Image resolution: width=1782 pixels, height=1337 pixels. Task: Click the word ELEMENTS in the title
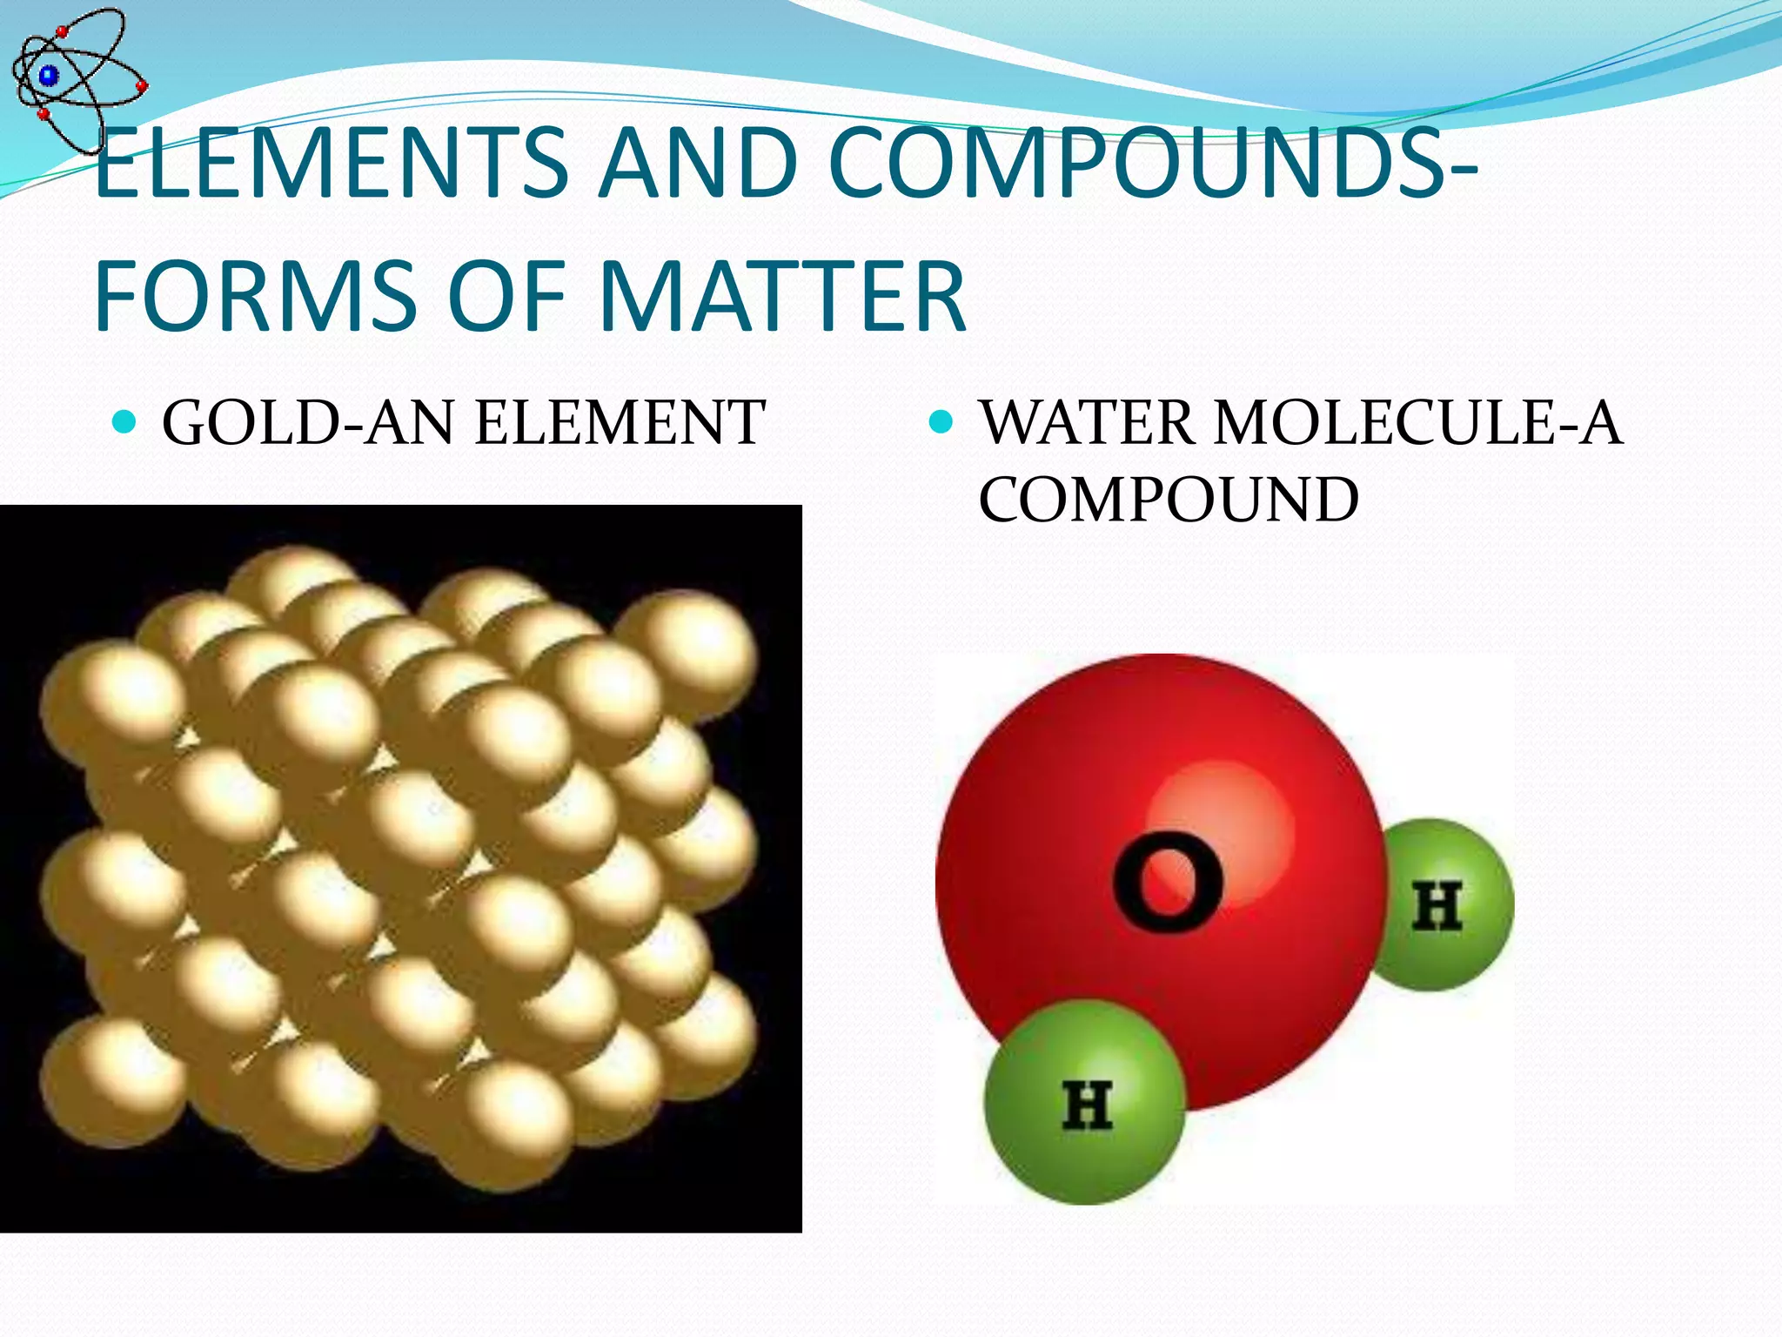point(332,162)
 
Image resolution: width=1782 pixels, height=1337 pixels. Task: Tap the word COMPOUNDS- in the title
point(1153,162)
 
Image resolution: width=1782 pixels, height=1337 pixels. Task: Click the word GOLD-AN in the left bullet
point(309,423)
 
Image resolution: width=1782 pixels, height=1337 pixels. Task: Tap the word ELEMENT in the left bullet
point(620,423)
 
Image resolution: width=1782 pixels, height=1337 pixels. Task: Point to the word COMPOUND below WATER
point(1169,500)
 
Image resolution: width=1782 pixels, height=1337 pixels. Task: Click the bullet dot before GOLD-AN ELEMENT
point(125,423)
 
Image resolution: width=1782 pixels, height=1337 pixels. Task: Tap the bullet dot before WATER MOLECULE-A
point(941,423)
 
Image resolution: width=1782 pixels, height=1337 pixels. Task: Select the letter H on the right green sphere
point(1437,906)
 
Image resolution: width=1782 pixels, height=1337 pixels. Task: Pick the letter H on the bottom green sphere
point(1088,1105)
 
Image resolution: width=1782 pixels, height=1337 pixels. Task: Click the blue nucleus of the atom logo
point(49,76)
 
